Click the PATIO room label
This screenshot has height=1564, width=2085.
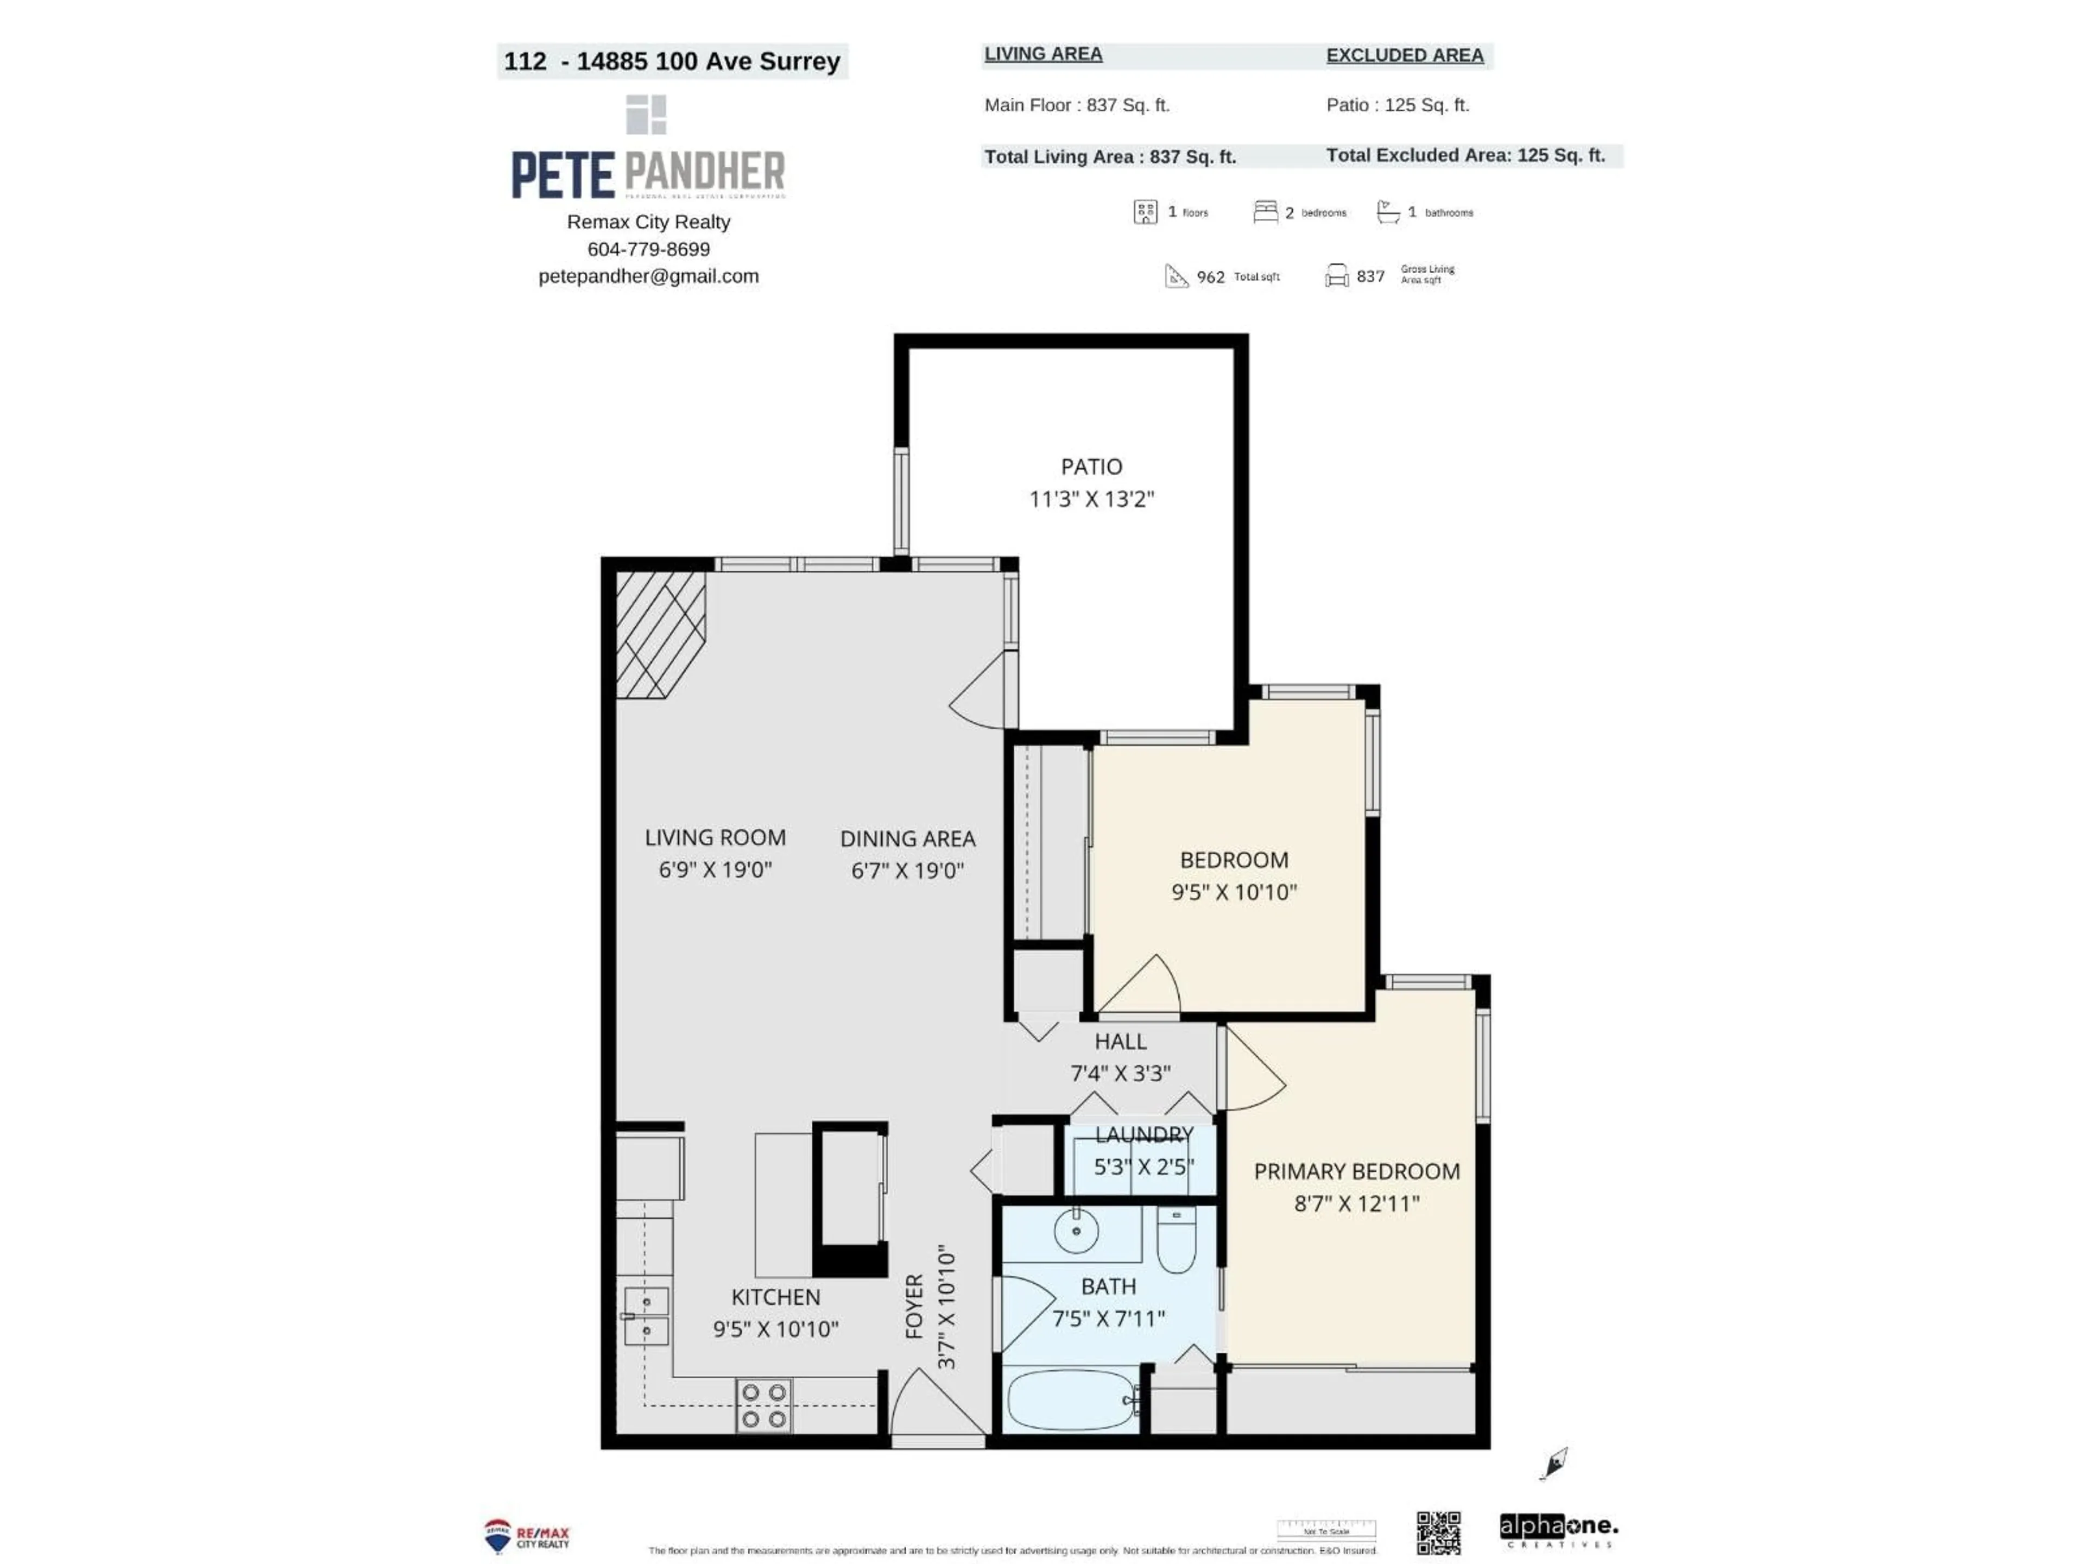click(1091, 466)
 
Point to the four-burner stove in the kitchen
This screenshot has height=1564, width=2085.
click(763, 1405)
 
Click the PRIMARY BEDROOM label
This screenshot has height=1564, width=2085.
click(1356, 1171)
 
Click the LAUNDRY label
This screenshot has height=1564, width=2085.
click(1144, 1134)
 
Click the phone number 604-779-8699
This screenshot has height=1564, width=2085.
click(648, 249)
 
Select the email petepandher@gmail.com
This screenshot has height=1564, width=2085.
click(648, 276)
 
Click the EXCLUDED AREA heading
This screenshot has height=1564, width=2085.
click(1405, 55)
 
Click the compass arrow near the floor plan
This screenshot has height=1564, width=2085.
click(1555, 1463)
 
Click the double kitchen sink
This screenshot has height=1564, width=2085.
click(647, 1315)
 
